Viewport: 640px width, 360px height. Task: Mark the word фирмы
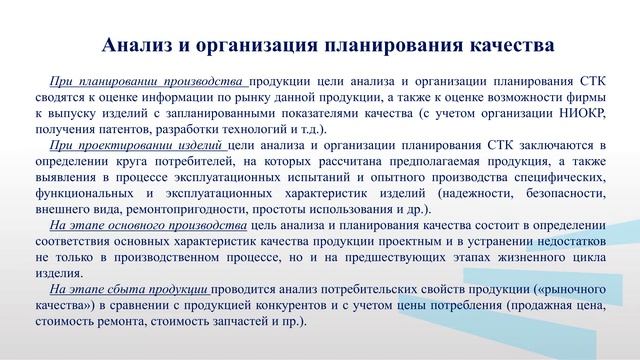pos(578,100)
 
